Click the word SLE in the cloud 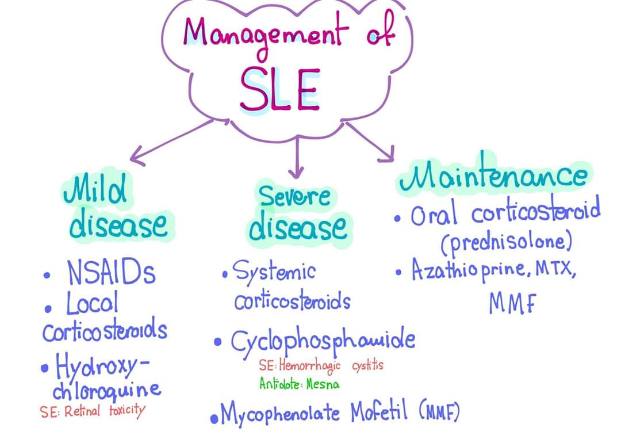tap(279, 90)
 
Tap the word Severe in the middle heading tap(295, 196)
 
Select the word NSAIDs tap(111, 272)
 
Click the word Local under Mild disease tap(92, 303)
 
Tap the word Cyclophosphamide tap(323, 341)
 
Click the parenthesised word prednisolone tap(507, 243)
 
